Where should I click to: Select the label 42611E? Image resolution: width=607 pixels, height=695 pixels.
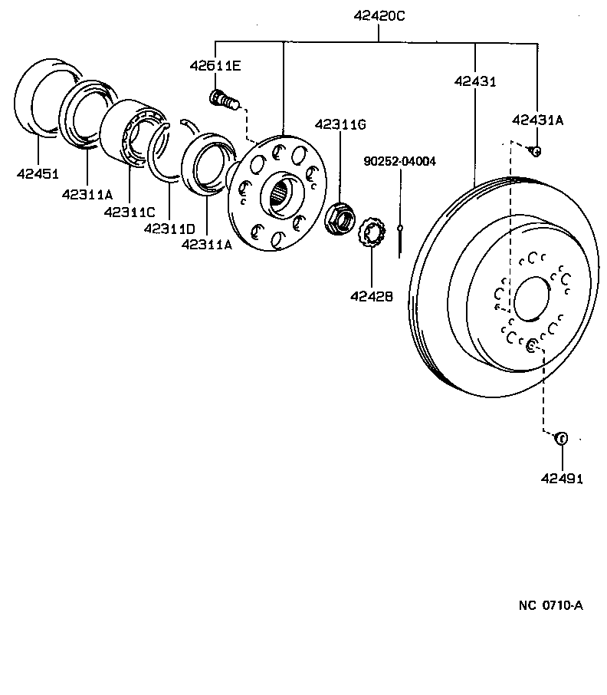pyautogui.click(x=215, y=66)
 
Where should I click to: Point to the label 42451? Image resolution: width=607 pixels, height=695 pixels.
pyautogui.click(x=38, y=173)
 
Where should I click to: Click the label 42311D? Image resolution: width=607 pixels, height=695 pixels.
pyautogui.click(x=169, y=228)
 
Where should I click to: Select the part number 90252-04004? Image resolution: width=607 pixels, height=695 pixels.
pyautogui.click(x=400, y=162)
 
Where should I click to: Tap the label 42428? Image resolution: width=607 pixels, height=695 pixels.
pyautogui.click(x=372, y=295)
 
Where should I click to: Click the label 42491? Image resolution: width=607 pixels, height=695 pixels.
pyautogui.click(x=562, y=479)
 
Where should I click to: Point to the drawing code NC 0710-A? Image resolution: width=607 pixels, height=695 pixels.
pyautogui.click(x=550, y=605)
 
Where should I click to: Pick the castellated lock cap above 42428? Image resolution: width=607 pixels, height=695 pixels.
pyautogui.click(x=372, y=232)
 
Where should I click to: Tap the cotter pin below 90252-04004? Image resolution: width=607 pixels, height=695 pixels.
pyautogui.click(x=400, y=241)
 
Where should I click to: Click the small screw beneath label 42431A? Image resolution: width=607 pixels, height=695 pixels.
pyautogui.click(x=536, y=151)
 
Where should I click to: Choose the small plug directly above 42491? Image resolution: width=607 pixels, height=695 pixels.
pyautogui.click(x=560, y=439)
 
